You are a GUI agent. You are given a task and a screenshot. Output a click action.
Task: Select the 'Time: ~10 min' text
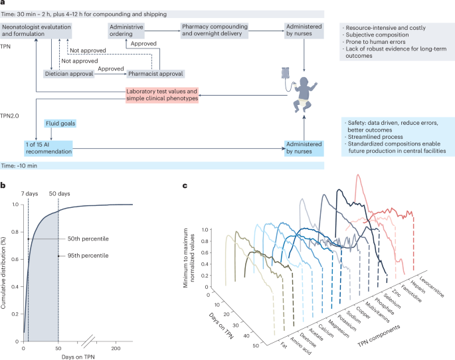click(x=24, y=163)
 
